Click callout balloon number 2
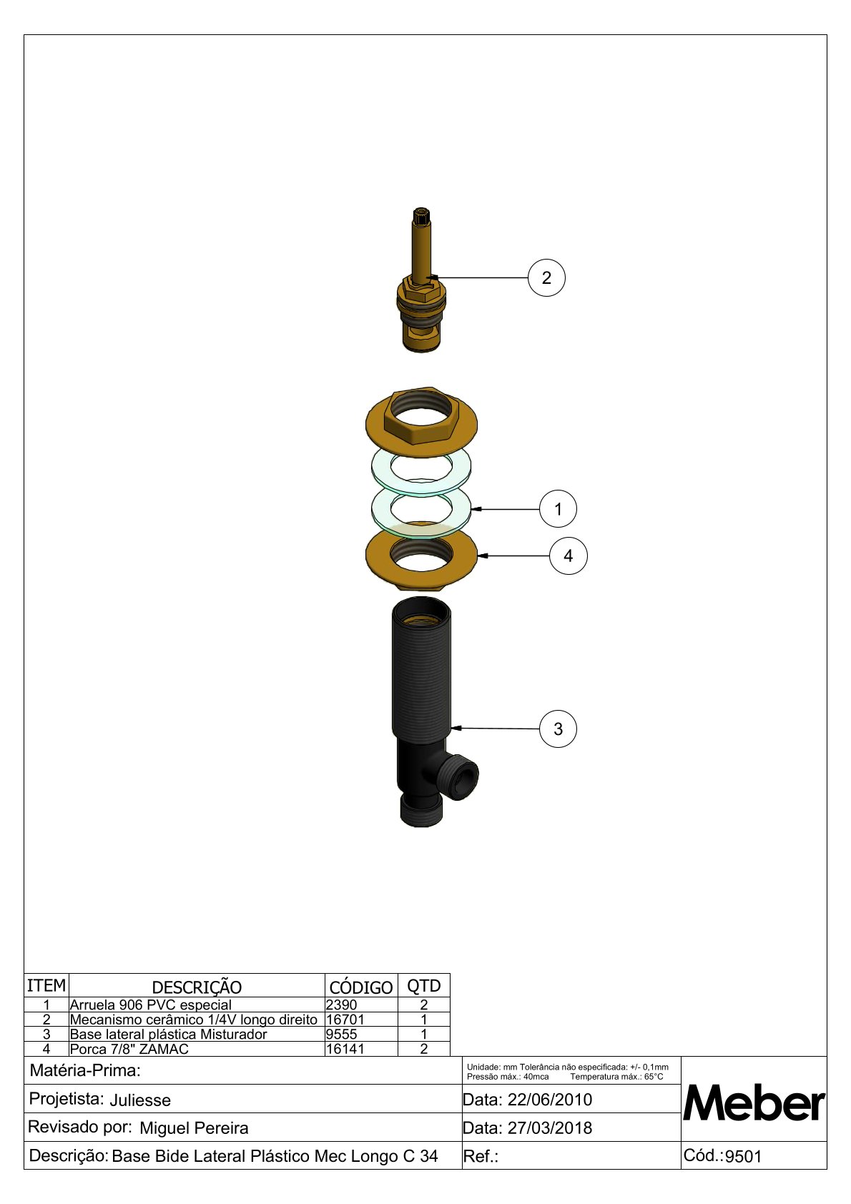pos(546,278)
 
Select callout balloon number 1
pos(558,508)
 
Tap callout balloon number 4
pos(569,556)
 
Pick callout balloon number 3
pos(558,729)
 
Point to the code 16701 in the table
pos(345,1020)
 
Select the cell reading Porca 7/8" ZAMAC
pos(129,1049)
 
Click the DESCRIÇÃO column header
pos(197,987)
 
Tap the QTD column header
pos(423,986)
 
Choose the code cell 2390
pos(341,1005)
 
